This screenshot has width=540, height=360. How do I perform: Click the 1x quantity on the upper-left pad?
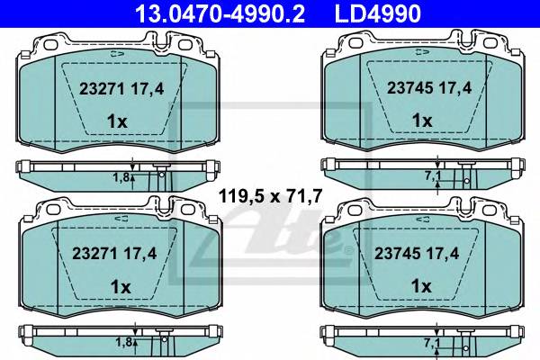tap(119, 120)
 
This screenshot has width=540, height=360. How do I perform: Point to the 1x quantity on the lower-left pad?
tap(119, 284)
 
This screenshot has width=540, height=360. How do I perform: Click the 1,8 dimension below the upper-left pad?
tap(122, 177)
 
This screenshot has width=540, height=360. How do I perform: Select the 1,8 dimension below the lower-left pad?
tap(122, 342)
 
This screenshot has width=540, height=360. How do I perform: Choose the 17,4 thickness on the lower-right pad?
tap(434, 254)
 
